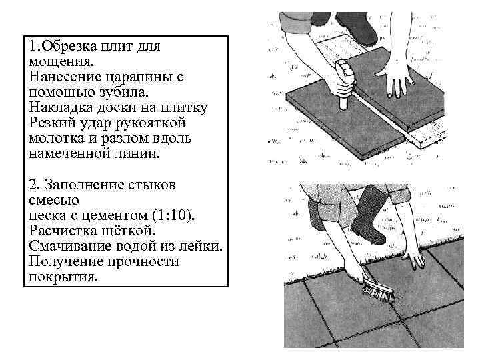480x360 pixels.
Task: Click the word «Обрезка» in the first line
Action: coord(70,47)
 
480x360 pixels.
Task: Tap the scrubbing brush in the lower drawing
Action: coord(378,291)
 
